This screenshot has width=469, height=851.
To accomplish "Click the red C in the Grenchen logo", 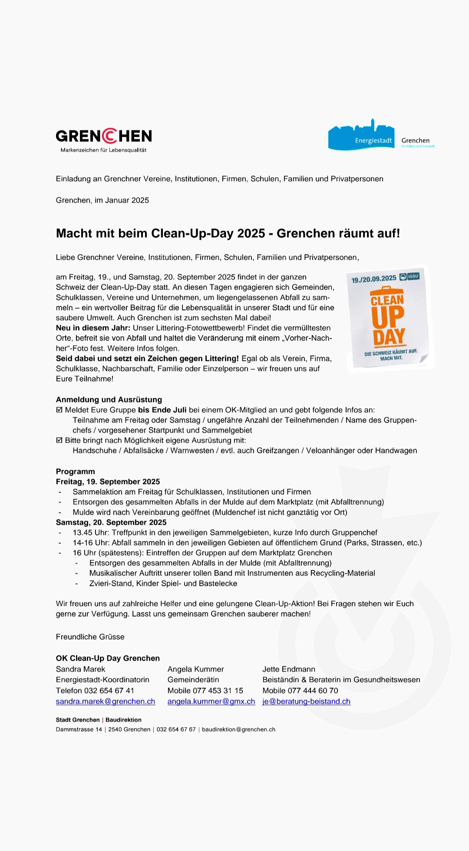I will (110, 136).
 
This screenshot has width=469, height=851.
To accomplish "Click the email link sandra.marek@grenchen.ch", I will (106, 701).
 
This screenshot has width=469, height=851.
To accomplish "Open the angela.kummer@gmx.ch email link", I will (211, 701).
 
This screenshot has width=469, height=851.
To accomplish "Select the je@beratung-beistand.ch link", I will (306, 701).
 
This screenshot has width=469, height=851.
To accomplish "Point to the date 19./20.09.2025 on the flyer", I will (374, 279).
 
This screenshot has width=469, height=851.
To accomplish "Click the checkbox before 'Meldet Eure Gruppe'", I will (59, 410).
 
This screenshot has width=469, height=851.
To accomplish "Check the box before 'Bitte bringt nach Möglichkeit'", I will (59, 440).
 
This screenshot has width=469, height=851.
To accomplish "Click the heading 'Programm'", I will (75, 471).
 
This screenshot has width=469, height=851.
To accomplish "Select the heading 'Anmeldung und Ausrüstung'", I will (109, 399).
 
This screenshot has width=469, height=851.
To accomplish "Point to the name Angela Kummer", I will (195, 669).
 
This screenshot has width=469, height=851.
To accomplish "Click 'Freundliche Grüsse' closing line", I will (90, 636).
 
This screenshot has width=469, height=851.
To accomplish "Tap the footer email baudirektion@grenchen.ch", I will (238, 729).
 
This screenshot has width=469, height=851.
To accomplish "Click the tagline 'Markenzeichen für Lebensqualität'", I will (103, 150).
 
